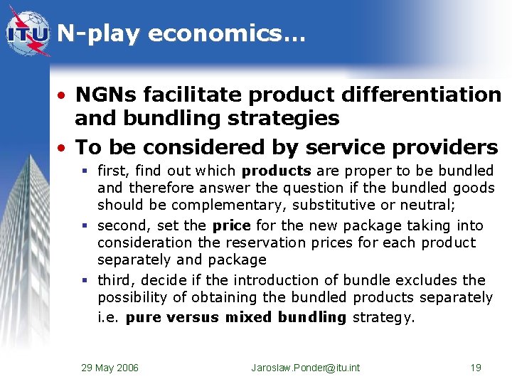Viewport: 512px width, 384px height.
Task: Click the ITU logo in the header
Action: (28, 33)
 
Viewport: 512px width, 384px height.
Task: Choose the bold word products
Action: (276, 171)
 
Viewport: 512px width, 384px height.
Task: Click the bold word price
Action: (231, 225)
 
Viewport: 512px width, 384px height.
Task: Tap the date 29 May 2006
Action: (110, 368)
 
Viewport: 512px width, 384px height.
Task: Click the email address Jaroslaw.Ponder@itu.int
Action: (306, 368)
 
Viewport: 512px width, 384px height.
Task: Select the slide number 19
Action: (476, 368)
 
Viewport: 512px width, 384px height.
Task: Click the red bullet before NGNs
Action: (63, 95)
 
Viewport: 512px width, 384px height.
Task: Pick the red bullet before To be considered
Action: (63, 148)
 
